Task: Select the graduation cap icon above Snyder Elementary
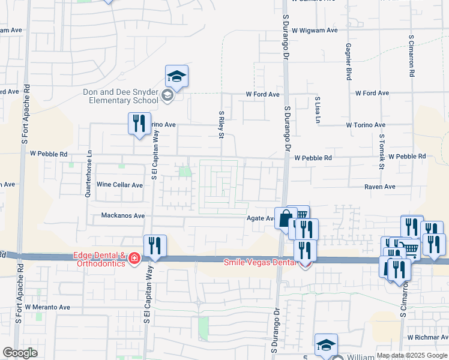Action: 177,77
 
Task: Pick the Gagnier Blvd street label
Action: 348,61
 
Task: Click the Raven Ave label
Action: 380,187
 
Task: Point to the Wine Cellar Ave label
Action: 120,185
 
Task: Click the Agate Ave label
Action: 261,218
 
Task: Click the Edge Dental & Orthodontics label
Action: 100,259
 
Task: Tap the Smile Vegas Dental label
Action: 259,262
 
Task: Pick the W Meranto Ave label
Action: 46,307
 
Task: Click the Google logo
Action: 20,353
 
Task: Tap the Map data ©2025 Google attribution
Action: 412,355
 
